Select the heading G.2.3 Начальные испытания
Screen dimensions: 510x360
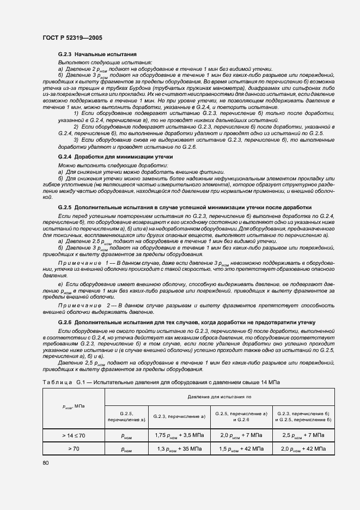(97, 55)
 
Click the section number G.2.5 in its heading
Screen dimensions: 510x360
(65, 208)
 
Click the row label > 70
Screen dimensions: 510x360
(74, 448)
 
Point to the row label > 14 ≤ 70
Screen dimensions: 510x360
(74, 435)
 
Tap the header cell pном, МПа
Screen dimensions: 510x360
(74, 406)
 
